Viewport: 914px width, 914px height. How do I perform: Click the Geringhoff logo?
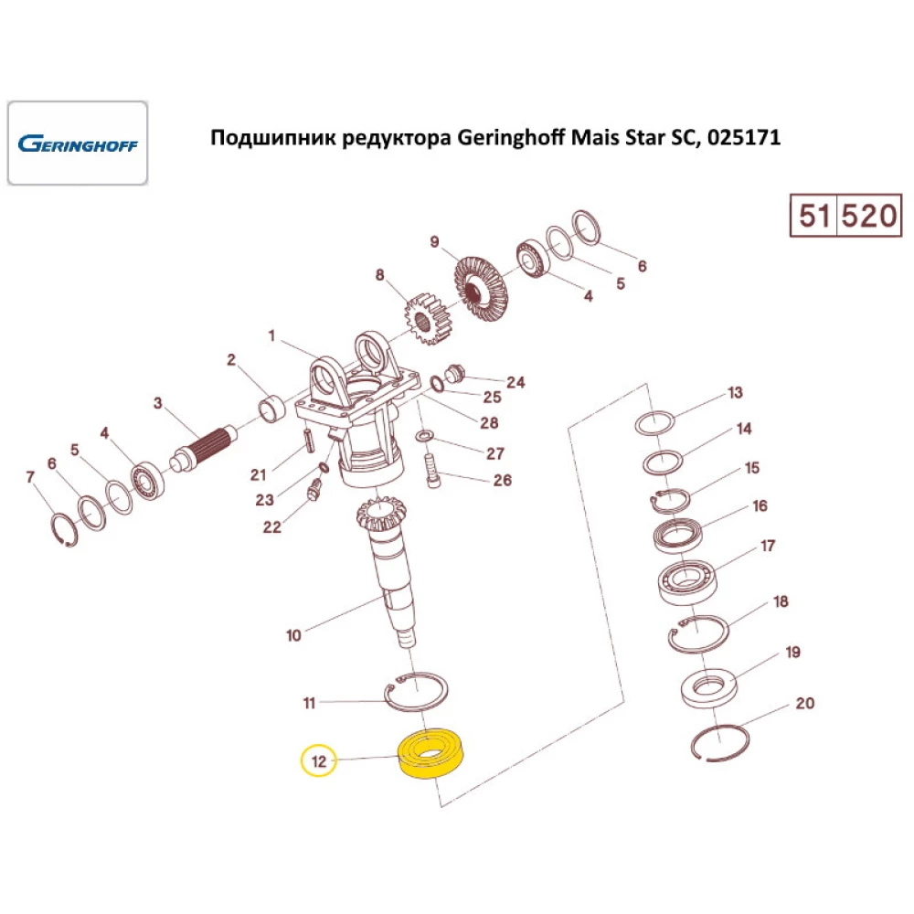[78, 143]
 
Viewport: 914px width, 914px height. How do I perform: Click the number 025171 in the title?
[738, 139]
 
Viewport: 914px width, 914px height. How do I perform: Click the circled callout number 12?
[319, 760]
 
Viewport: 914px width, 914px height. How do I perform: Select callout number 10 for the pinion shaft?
[293, 634]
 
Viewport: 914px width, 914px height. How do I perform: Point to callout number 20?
[804, 704]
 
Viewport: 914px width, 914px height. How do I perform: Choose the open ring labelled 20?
[720, 740]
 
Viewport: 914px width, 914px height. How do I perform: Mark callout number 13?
[736, 394]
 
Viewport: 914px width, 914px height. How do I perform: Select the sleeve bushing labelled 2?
[271, 407]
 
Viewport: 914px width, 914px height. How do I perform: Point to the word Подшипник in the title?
[272, 139]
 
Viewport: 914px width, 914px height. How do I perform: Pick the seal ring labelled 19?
[709, 685]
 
